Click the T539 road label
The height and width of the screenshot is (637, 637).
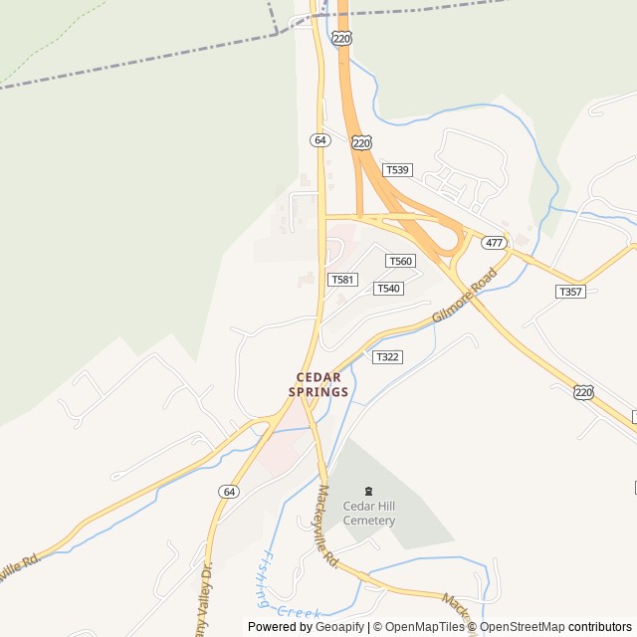[397, 170]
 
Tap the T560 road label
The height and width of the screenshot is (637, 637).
[400, 261]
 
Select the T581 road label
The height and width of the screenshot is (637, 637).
[341, 280]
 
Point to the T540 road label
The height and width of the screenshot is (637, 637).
[388, 289]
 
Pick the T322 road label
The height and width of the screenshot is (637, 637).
[388, 356]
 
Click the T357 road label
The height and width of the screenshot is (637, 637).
[570, 292]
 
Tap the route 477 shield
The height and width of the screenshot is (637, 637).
[494, 243]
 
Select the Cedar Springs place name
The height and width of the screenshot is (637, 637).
[318, 384]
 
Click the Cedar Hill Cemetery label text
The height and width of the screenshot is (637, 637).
[369, 514]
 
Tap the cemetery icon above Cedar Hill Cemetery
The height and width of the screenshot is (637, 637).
[369, 491]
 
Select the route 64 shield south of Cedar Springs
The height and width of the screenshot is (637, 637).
[230, 492]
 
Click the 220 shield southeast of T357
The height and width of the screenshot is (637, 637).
[583, 393]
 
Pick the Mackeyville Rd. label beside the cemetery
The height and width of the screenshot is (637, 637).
[329, 527]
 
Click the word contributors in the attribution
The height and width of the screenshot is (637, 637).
[600, 627]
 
